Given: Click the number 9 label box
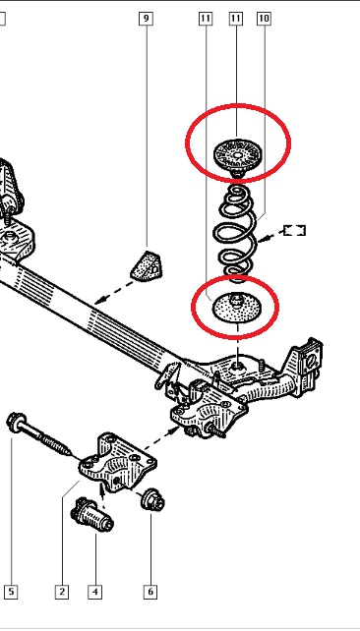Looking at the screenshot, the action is pos(146,19).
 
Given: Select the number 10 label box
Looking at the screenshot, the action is pos(264,19).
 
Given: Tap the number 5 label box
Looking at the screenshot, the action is pos(11,592).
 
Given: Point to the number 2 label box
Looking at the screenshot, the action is pos(62,592).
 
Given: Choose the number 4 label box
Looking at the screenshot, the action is pos(95,592).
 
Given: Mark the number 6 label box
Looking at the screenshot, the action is pos(150,592).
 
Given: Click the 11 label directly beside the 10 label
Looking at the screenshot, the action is pos(236,19).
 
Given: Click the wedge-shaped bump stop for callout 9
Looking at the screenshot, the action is pos(147,265).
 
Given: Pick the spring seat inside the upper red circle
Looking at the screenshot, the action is pos(238,156).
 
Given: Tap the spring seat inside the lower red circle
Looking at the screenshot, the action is pos(237,308).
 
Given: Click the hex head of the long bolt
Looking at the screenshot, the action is pos(16,423).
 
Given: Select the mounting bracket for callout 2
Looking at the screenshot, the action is pos(118,461).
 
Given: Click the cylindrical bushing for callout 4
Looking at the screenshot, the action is pos(91,515).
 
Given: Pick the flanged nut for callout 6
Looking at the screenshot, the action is pos(153,500).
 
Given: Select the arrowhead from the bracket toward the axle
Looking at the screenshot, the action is pos(175,430).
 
